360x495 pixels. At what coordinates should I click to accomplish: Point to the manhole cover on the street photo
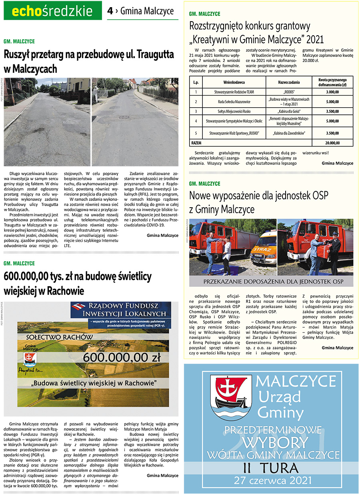click(124, 117)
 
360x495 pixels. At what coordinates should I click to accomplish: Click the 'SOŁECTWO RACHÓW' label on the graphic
click(59, 337)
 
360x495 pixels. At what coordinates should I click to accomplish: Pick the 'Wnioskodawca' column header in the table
click(234, 82)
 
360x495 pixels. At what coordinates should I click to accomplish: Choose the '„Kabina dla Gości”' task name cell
click(288, 111)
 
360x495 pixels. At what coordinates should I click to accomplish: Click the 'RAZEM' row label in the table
click(196, 142)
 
